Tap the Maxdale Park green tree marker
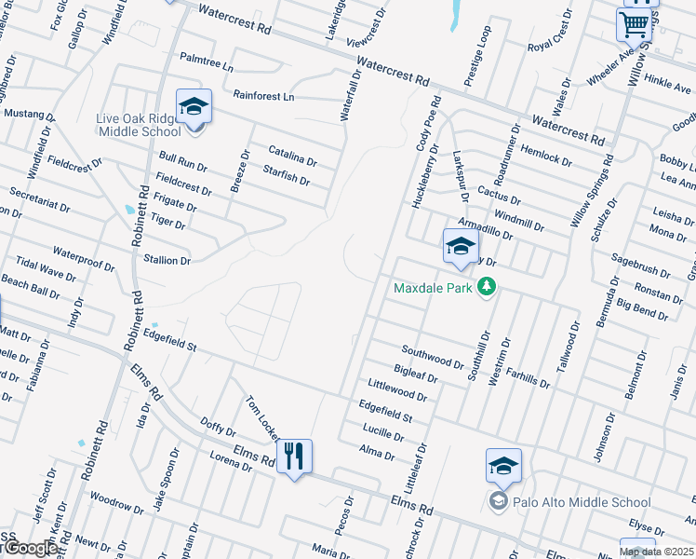(485, 287)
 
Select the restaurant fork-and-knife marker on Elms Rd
(294, 456)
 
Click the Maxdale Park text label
(434, 288)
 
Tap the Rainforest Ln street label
(263, 96)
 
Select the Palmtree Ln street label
(207, 62)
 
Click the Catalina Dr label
(292, 156)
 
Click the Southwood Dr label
(432, 356)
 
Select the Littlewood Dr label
(396, 389)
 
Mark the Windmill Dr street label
(518, 220)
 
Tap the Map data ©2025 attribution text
(656, 552)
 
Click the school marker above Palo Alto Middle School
(503, 466)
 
